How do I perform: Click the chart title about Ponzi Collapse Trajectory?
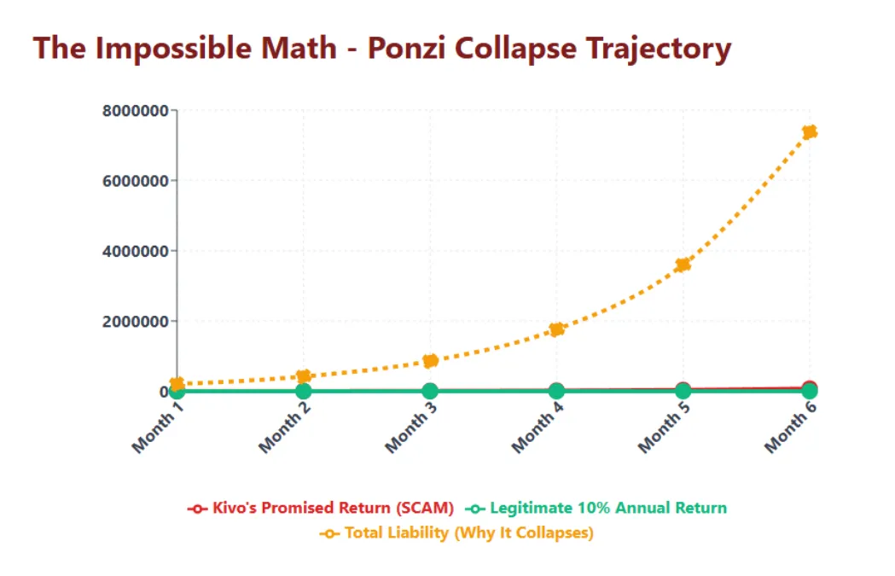click(382, 48)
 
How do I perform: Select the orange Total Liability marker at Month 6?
click(810, 132)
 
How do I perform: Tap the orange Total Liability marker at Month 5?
click(683, 265)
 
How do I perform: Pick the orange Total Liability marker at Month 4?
click(556, 329)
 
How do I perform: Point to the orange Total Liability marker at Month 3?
click(430, 361)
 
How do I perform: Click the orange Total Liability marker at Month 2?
click(303, 376)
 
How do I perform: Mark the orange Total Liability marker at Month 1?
click(177, 384)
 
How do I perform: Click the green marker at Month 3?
click(430, 391)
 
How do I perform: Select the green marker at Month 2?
click(303, 391)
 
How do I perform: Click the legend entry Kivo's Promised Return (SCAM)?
click(322, 508)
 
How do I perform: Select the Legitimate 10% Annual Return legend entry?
click(596, 508)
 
